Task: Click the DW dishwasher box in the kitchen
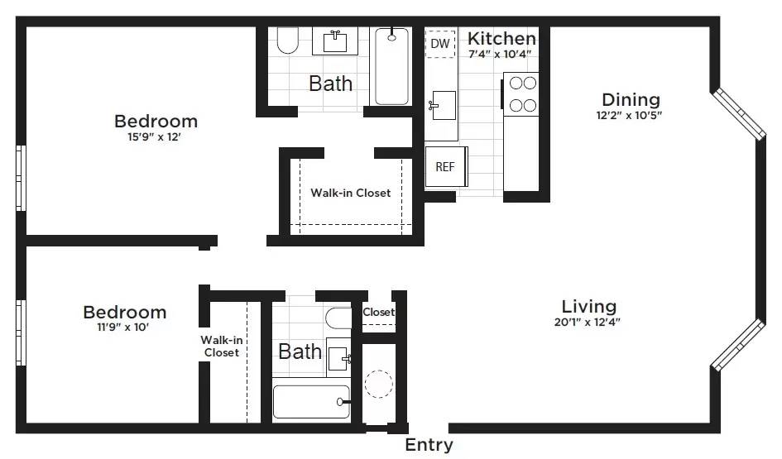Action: pos(441,43)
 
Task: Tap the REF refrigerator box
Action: pos(445,166)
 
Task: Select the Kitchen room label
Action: pos(501,38)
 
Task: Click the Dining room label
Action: pos(631,99)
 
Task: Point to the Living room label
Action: pos(588,306)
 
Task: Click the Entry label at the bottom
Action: pos(429,446)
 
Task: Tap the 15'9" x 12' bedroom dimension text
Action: pos(155,137)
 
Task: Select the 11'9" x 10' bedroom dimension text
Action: pos(124,327)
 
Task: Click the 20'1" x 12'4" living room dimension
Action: pos(588,322)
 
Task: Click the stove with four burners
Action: pos(522,93)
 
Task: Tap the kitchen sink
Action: pos(442,105)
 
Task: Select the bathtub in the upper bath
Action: pos(391,66)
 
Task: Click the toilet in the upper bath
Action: pos(287,41)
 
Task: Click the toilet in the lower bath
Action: pos(338,318)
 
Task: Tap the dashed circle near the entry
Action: pos(379,384)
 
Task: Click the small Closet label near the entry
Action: pos(379,313)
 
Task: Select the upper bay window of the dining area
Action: pos(739,112)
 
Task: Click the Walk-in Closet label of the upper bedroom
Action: pos(350,193)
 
